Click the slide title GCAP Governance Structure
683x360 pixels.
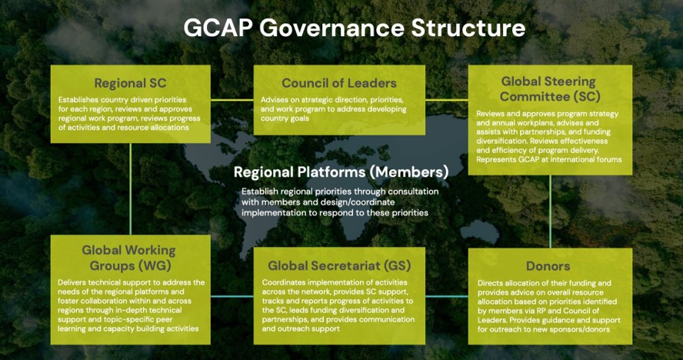click(x=354, y=28)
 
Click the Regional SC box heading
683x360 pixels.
click(x=130, y=83)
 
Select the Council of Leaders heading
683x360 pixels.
click(x=339, y=83)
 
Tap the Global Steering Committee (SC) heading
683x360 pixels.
click(x=550, y=88)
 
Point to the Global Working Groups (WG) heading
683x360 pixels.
click(x=129, y=258)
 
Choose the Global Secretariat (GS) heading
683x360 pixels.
click(x=339, y=265)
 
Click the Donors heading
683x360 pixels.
click(x=548, y=266)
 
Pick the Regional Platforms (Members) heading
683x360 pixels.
click(x=341, y=172)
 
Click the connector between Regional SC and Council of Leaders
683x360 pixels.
click(x=232, y=100)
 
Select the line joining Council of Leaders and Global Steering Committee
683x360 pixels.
click(x=446, y=100)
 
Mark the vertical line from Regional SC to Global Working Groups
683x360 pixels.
click(x=130, y=189)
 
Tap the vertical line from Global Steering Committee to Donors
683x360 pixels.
click(x=550, y=212)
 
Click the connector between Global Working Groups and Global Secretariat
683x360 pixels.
click(x=232, y=296)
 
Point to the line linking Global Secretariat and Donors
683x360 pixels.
click(x=446, y=296)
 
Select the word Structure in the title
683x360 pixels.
click(x=468, y=28)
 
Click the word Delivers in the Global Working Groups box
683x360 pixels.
click(x=72, y=282)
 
